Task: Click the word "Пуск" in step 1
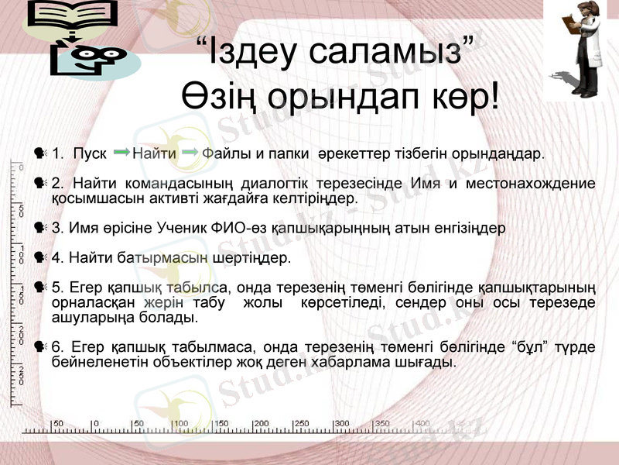tap(90, 153)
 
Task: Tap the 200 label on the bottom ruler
tap(261, 423)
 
